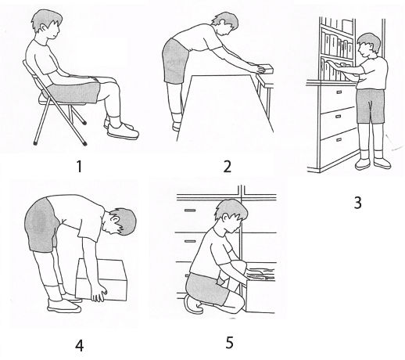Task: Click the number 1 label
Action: pos(79,167)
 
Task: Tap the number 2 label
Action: pos(228,167)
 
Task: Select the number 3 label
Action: pos(358,203)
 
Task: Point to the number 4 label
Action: pos(79,346)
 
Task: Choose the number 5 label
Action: pos(229,343)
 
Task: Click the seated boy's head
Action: pos(46,24)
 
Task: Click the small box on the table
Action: pos(263,69)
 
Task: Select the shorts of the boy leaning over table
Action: pos(175,61)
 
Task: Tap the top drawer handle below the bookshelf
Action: pos(339,92)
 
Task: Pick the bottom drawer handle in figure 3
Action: pos(339,140)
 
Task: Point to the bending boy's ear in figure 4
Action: pos(114,219)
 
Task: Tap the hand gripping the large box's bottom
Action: pos(99,294)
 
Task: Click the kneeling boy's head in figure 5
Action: pos(231,216)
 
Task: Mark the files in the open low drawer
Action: pos(261,272)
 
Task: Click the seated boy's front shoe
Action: pos(123,131)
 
